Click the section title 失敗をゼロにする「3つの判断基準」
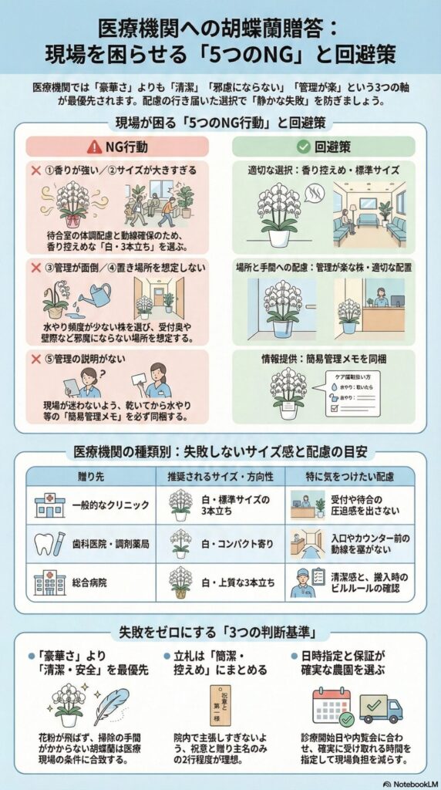220,630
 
